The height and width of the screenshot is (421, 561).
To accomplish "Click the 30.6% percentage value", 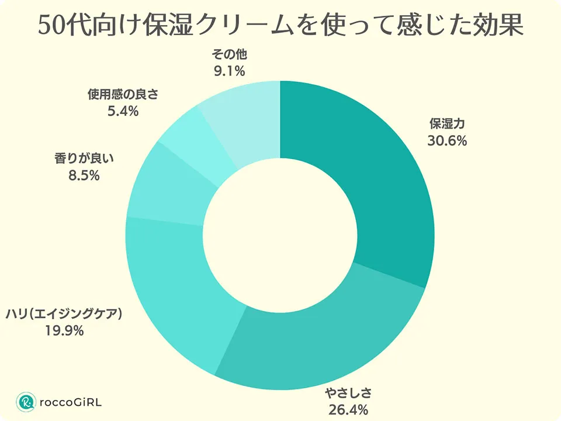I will click(448, 141).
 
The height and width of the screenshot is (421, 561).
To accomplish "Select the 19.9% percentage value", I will click(64, 331).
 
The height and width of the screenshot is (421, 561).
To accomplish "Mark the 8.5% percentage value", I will click(84, 175).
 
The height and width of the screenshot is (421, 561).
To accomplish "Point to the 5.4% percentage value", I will click(123, 111).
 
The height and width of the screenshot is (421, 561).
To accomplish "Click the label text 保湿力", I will click(448, 124).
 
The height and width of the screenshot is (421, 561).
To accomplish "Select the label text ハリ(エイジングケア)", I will click(64, 314).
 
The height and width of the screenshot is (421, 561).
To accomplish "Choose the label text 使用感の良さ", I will click(123, 94).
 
